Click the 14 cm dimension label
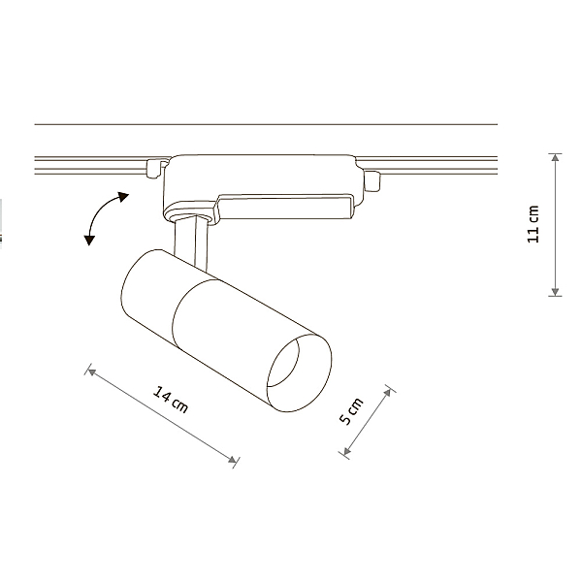(171, 400)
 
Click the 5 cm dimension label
(351, 411)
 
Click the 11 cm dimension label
(533, 224)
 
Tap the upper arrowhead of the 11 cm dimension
(555, 157)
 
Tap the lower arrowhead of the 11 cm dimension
(555, 292)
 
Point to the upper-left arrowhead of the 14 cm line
(91, 372)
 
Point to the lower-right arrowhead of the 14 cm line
(232, 460)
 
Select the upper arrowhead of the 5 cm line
(388, 392)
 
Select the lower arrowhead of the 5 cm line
(346, 451)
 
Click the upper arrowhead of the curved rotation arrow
(123, 196)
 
